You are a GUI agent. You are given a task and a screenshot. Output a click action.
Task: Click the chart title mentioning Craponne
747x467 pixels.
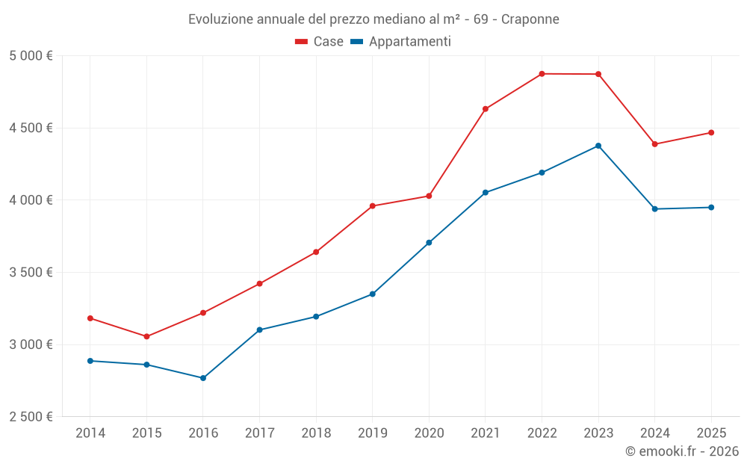(x=373, y=19)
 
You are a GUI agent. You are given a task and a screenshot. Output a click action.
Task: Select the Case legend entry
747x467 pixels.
(x=319, y=42)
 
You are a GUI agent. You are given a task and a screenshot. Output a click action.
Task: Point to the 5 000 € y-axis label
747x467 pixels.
(x=31, y=56)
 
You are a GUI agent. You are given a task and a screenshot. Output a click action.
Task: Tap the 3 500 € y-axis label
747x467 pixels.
(x=31, y=273)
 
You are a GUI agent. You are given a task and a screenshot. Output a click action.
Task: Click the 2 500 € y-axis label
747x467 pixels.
(x=31, y=417)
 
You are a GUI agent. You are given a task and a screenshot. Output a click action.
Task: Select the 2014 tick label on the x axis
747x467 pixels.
(x=90, y=433)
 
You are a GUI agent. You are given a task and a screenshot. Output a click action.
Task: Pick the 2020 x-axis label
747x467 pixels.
(x=429, y=433)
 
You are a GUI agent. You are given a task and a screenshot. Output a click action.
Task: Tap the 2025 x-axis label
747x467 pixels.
(x=711, y=433)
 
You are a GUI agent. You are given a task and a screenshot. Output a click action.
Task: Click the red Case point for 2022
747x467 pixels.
(x=542, y=74)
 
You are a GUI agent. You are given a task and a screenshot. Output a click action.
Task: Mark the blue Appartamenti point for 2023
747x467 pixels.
(x=598, y=146)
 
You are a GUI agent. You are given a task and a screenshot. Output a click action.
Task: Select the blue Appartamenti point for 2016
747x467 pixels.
(x=203, y=378)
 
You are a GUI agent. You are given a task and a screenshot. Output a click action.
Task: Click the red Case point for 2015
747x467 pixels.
(x=146, y=337)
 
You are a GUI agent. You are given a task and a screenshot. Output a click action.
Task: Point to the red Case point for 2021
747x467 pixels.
(x=486, y=109)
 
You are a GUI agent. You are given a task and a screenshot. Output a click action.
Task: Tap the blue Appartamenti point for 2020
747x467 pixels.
(x=429, y=243)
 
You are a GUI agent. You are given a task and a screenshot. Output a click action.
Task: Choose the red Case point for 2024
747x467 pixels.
(x=655, y=144)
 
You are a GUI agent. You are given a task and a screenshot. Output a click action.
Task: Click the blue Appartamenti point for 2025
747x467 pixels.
(x=711, y=208)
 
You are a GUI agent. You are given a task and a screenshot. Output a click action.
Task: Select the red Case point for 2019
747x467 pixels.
(x=373, y=206)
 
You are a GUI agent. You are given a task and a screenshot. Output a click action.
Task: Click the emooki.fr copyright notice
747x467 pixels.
(x=681, y=451)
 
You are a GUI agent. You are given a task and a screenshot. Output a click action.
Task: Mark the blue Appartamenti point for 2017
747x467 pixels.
(x=259, y=330)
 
